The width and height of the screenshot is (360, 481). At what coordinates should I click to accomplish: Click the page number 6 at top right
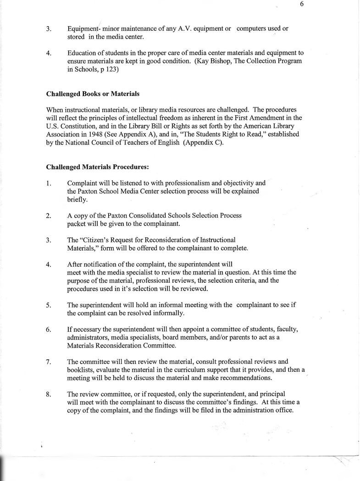[302, 5]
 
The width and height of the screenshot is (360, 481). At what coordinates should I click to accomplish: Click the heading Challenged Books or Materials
[93, 94]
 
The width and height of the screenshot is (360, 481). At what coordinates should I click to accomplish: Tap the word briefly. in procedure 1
[78, 200]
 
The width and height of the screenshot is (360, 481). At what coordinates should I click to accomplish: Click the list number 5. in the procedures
[49, 305]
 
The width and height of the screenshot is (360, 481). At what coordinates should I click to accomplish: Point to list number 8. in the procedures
[49, 394]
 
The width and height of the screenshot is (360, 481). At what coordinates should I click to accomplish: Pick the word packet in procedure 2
[77, 224]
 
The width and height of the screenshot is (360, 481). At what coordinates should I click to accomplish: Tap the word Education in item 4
[83, 53]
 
